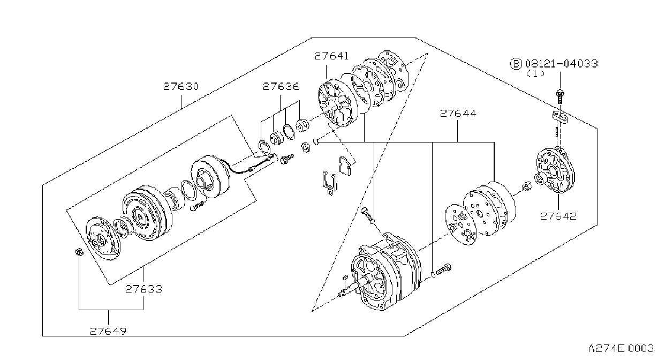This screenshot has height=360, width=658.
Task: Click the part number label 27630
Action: pyautogui.click(x=181, y=86)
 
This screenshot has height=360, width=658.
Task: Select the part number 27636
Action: pyautogui.click(x=281, y=86)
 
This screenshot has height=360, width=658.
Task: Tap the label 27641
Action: pyautogui.click(x=331, y=56)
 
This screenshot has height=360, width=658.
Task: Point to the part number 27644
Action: pyautogui.click(x=458, y=114)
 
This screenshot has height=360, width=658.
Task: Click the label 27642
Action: pyautogui.click(x=558, y=216)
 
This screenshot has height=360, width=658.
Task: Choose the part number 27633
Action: pyautogui.click(x=143, y=289)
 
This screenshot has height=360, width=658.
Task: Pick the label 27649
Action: pyautogui.click(x=108, y=332)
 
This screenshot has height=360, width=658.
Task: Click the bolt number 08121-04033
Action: pyautogui.click(x=561, y=63)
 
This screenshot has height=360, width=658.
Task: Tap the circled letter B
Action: pyautogui.click(x=516, y=64)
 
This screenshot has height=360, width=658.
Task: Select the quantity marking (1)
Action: pyautogui.click(x=535, y=73)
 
